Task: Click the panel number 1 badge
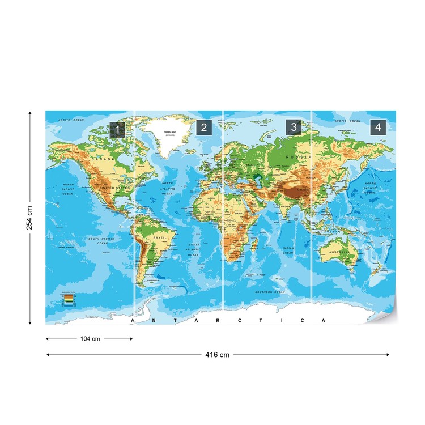pos(117,129)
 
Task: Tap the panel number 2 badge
pos(204,127)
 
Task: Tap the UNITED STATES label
pos(115,188)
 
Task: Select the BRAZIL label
pos(160,239)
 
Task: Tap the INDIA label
pos(286,207)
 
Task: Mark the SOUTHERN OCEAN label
pos(270,292)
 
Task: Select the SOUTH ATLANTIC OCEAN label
pos(194,250)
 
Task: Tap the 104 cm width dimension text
pos(90,339)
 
